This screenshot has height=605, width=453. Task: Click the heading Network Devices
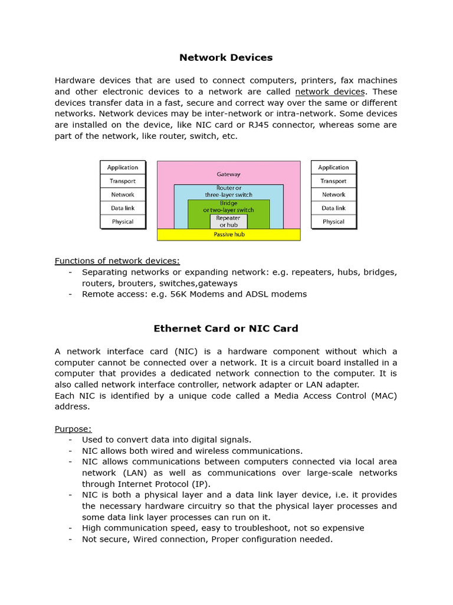pos(226,57)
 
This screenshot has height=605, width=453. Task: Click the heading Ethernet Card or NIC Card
pos(226,328)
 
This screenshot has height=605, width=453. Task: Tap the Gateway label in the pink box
pos(228,174)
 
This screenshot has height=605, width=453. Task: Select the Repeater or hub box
pos(228,222)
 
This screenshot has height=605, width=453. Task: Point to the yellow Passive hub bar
pos(228,235)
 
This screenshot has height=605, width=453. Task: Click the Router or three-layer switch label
pos(228,191)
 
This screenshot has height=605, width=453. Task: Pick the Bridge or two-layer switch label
pos(228,206)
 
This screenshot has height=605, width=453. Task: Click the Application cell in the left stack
pos(123,167)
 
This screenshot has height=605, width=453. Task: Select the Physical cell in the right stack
pos(333,222)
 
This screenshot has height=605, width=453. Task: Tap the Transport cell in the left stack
pos(123,181)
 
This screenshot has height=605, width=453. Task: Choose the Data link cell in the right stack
pos(333,208)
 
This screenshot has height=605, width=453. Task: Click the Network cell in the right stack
pos(333,194)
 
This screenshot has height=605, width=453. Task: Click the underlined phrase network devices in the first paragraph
pos(330,92)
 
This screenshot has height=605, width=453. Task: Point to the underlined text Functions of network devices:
pos(117,261)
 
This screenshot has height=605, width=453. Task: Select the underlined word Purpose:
pos(73,428)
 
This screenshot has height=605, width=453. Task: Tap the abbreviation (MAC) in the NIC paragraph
pos(384,396)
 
